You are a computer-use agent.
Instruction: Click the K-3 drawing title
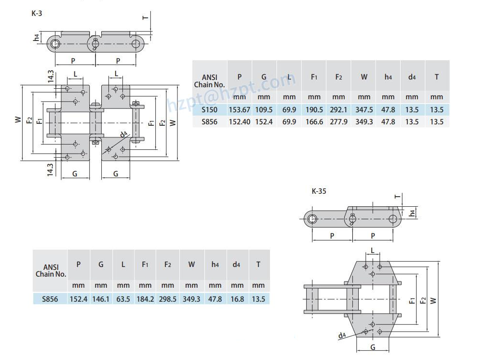(x=37, y=13)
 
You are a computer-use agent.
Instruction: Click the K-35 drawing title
(x=319, y=191)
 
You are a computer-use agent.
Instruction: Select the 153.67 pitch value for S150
(x=240, y=109)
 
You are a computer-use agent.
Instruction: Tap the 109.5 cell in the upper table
(x=264, y=109)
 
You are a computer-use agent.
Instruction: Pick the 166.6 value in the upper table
(x=314, y=122)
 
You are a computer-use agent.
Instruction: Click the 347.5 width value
(x=364, y=109)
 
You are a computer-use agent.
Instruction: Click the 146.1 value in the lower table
(x=101, y=299)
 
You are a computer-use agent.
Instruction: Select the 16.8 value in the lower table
(x=236, y=299)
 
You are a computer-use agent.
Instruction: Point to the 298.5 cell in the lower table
(x=167, y=299)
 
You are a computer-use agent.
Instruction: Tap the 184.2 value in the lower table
(x=145, y=299)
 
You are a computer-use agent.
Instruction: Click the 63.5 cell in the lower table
(x=123, y=299)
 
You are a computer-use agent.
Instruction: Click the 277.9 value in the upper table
(x=338, y=122)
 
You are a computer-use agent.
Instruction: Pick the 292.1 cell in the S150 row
(x=338, y=109)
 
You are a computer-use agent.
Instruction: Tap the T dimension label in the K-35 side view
(x=397, y=197)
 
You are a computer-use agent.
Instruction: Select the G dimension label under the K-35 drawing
(x=373, y=347)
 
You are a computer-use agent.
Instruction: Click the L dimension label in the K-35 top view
(x=373, y=250)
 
